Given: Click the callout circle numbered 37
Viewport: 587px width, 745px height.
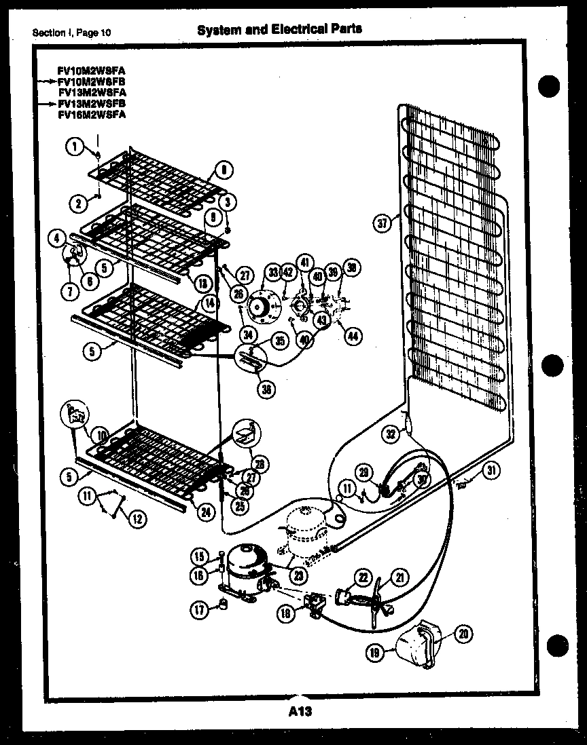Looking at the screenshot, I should [382, 222].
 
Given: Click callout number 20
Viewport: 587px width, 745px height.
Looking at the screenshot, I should [463, 634].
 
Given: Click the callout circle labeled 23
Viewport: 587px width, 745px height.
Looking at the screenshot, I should [298, 575].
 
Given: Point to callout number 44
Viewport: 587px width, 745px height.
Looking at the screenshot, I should [353, 335].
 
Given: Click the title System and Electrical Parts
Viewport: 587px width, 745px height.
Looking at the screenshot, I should [279, 28].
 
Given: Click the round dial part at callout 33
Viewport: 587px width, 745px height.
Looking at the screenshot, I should [260, 307].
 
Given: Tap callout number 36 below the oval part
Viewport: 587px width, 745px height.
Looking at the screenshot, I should [267, 389].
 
